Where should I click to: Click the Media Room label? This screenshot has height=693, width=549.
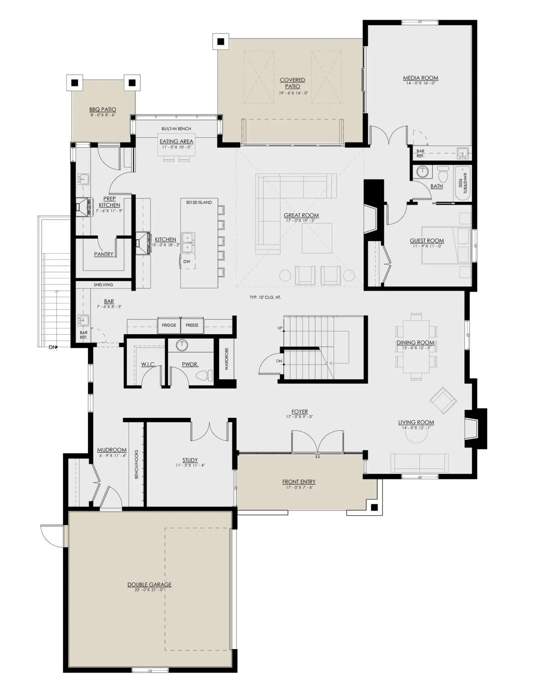pyautogui.click(x=420, y=78)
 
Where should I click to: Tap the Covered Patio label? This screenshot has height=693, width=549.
pyautogui.click(x=292, y=83)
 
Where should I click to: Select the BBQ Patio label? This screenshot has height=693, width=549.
pyautogui.click(x=103, y=109)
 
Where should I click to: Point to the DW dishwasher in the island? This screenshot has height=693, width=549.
pyautogui.click(x=187, y=262)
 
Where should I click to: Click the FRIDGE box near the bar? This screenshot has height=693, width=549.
pyautogui.click(x=169, y=325)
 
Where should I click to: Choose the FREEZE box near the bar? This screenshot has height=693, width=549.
pyautogui.click(x=192, y=325)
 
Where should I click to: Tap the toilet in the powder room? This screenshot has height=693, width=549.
pyautogui.click(x=205, y=375)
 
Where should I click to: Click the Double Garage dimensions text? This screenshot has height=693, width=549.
pyautogui.click(x=150, y=590)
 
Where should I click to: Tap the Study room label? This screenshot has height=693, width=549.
pyautogui.click(x=190, y=460)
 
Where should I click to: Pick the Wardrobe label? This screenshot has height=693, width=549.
pyautogui.click(x=226, y=359)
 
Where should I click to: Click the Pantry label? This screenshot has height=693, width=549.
pyautogui.click(x=104, y=254)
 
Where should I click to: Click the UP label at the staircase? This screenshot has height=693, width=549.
pyautogui.click(x=280, y=328)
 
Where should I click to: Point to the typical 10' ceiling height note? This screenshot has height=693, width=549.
pyautogui.click(x=265, y=298)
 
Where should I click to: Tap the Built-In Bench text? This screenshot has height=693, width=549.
pyautogui.click(x=176, y=129)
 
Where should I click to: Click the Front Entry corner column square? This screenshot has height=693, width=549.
pyautogui.click(x=374, y=508)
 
